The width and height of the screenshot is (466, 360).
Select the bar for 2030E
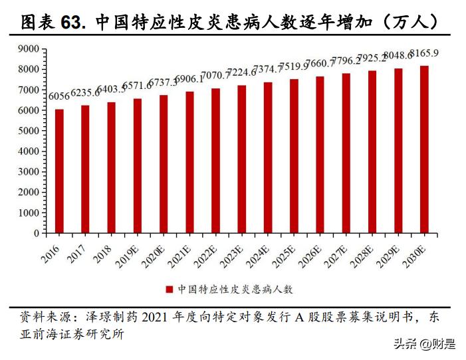(x=423, y=149)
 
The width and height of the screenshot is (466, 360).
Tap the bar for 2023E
(x=241, y=159)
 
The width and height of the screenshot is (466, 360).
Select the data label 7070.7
(x=215, y=75)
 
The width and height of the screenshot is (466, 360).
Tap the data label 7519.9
(x=294, y=66)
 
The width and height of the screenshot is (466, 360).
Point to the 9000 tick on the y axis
(x=29, y=48)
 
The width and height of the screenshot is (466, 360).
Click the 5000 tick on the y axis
(x=29, y=131)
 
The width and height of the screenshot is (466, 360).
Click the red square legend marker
(x=169, y=290)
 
